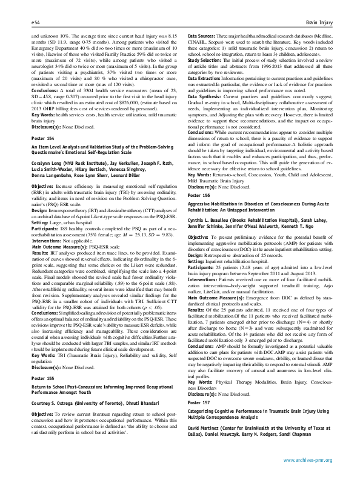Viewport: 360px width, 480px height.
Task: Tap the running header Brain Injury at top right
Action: pyautogui.click(x=321, y=21)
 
